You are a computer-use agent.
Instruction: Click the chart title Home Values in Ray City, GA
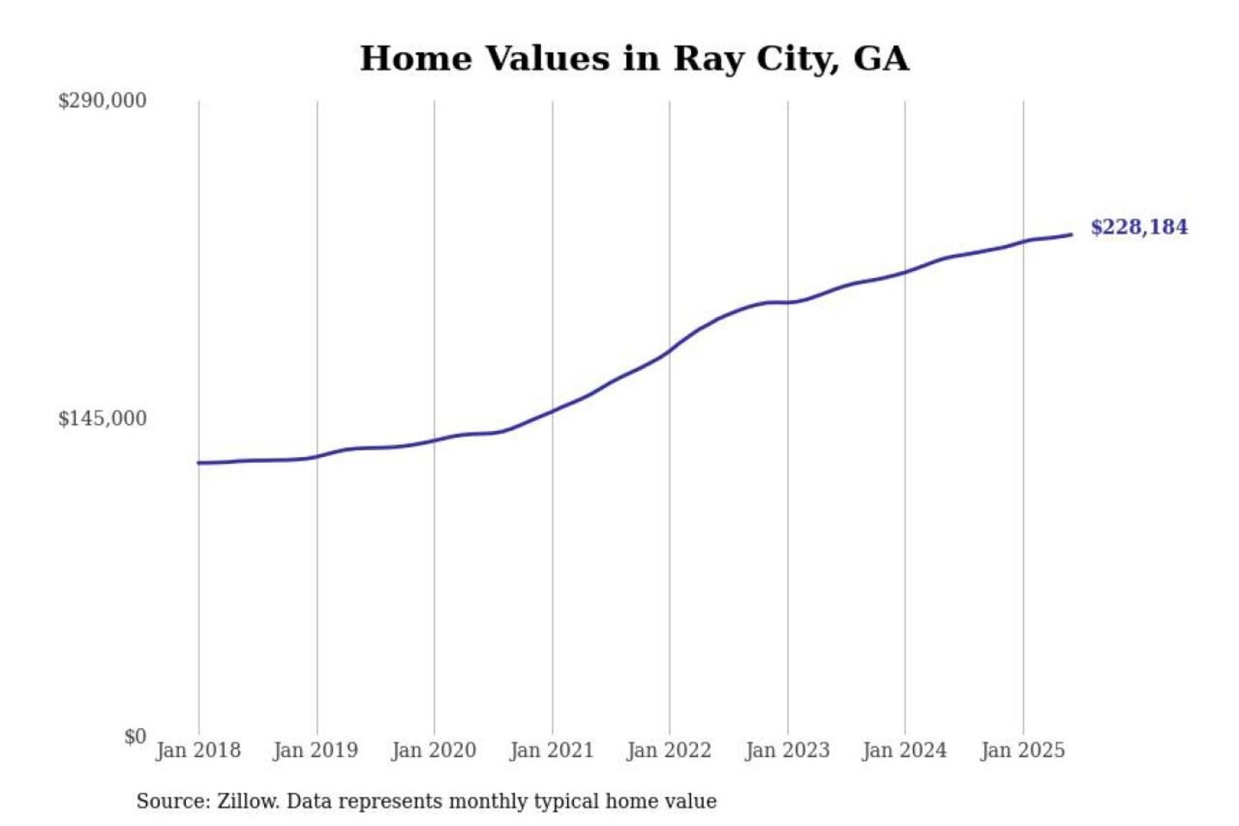click(x=634, y=59)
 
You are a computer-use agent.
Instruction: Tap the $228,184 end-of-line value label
click(x=1138, y=227)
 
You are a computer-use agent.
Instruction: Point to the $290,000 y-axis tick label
click(x=102, y=101)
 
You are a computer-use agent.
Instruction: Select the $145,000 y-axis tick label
click(x=102, y=419)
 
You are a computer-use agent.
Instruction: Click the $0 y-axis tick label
click(x=135, y=737)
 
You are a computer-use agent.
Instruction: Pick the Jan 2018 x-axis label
click(x=198, y=750)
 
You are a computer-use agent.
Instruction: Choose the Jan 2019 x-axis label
click(x=315, y=750)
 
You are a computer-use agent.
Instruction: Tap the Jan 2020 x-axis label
click(x=434, y=750)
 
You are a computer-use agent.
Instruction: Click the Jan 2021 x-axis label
click(x=552, y=750)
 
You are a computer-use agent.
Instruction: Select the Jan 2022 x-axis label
click(x=669, y=750)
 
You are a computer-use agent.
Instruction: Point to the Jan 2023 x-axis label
click(x=787, y=750)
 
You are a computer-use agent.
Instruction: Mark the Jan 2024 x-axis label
click(x=904, y=750)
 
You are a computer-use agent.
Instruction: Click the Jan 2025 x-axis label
click(x=1023, y=750)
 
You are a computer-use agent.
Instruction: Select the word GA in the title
click(x=881, y=59)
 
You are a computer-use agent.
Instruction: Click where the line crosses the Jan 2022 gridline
click(x=669, y=350)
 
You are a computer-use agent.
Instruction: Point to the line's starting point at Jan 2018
click(x=199, y=463)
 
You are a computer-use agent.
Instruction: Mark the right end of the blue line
click(x=1071, y=234)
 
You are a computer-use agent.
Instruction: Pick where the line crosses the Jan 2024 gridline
click(x=905, y=272)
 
